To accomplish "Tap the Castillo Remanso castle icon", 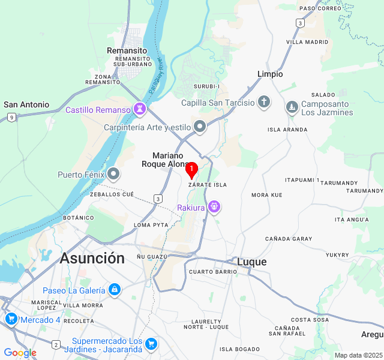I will click(140, 109).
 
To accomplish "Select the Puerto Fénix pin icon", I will click(114, 175).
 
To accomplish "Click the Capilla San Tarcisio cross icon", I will click(264, 102).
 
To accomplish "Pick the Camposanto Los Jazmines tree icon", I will click(292, 107).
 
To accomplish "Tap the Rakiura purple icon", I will click(214, 208).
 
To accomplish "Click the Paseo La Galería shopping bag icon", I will click(115, 290).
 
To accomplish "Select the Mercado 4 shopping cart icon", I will click(10, 319).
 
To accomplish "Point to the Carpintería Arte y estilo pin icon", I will click(200, 127).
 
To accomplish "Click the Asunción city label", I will click(92, 259).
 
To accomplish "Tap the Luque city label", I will click(252, 262).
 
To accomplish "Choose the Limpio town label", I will click(270, 74).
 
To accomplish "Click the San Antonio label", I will click(26, 104).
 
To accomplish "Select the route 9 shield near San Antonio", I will click(12, 117).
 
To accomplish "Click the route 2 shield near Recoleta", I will click(56, 344).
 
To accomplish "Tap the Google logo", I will click(20, 353).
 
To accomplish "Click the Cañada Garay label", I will click(289, 239).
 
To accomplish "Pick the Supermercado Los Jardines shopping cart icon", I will click(151, 344).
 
